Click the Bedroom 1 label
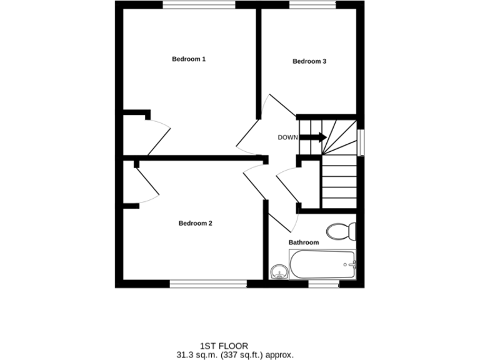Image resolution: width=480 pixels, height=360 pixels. point(189,59)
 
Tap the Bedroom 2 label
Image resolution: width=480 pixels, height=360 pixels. point(196,223)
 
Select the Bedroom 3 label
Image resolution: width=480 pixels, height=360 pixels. point(309,61)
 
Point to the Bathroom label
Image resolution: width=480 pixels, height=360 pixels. point(303,242)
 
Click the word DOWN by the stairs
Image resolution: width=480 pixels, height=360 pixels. point(287,137)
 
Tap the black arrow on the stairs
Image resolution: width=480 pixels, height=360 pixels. point(313,137)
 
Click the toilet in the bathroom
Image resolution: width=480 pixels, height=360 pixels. point(342,231)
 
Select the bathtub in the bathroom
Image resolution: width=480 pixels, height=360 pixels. point(322,265)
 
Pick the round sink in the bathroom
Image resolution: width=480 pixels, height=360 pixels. point(278,271)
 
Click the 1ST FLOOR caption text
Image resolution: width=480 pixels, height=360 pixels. point(224,346)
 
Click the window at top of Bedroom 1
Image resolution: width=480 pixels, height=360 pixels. point(199,4)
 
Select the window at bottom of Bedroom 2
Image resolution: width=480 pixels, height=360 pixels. point(208,284)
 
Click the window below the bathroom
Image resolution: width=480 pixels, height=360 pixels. point(324,284)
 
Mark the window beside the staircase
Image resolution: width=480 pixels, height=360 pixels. point(360,142)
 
